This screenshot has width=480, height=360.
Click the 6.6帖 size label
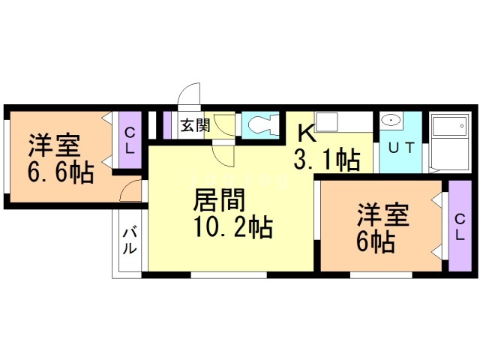[x=61, y=173]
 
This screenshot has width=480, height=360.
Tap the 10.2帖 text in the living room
[x=232, y=226]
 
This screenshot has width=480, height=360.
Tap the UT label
[x=400, y=147]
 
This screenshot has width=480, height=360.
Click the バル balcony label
[x=130, y=239]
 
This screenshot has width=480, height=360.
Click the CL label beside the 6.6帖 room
[x=130, y=140]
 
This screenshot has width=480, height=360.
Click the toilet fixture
[x=259, y=124]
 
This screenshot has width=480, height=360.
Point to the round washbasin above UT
[x=391, y=121]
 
